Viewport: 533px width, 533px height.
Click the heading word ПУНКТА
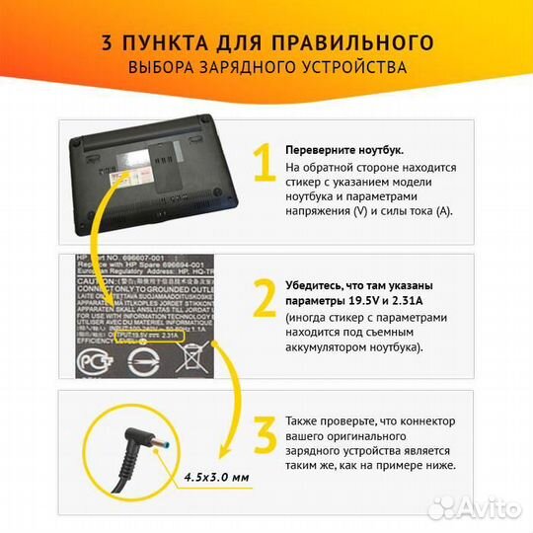tap(173, 42)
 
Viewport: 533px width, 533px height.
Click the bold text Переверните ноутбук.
tap(343, 150)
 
